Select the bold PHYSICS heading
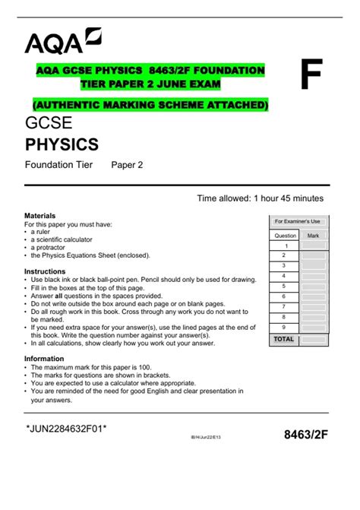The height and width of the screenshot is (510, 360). click(62, 144)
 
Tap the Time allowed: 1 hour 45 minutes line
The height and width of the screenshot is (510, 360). click(261, 198)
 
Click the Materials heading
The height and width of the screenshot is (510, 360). click(40, 216)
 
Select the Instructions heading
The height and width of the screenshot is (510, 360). click(45, 271)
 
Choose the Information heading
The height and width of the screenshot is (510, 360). click(44, 358)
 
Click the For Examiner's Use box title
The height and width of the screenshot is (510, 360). click(298, 221)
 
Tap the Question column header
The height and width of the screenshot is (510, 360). click(285, 236)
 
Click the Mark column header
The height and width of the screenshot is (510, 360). click(313, 236)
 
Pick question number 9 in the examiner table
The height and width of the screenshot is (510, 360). click(285, 327)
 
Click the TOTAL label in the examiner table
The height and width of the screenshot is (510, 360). click(284, 339)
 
